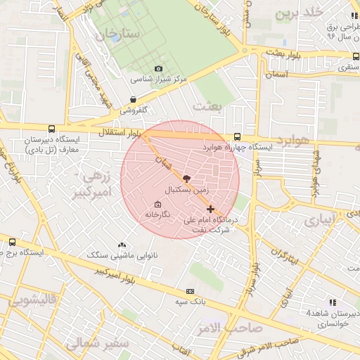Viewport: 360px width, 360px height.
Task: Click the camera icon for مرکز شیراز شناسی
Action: pos(158,68)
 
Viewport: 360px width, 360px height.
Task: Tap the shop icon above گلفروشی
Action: pos(133,100)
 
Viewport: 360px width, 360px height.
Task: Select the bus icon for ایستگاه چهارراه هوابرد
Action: pos(236,136)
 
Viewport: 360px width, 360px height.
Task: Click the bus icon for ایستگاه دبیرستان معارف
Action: pos(51,129)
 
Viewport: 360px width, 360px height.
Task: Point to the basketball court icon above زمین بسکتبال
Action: pos(186,179)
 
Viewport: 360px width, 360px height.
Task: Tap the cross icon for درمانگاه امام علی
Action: pos(211,209)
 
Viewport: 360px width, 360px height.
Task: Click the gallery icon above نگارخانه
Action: pos(157,204)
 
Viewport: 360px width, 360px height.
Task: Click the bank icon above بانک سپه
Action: pos(189,291)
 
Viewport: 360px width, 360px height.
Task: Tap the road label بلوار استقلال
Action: pos(117,131)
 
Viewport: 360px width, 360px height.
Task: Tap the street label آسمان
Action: pos(277,73)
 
